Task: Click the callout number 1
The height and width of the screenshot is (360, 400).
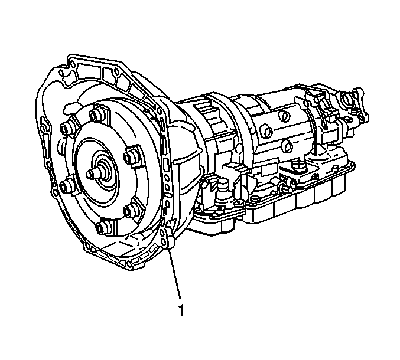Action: pyautogui.click(x=181, y=310)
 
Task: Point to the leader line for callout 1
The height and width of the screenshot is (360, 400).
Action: pyautogui.click(x=175, y=273)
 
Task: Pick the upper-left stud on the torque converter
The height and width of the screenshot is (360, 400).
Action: pyautogui.click(x=66, y=129)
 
